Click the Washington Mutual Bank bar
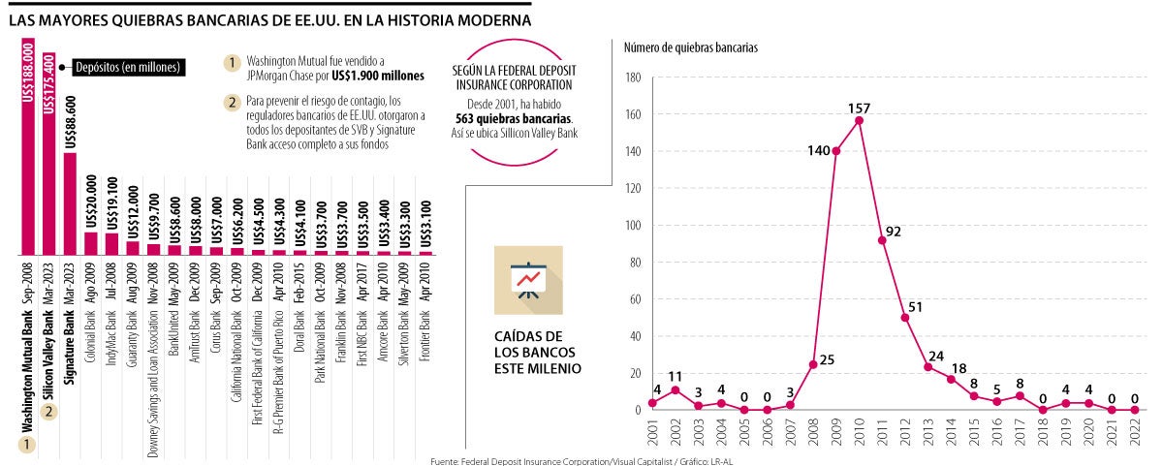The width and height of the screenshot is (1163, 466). tap(27, 145)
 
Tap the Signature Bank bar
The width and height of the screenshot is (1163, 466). tap(70, 203)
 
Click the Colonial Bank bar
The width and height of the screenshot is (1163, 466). tap(90, 243)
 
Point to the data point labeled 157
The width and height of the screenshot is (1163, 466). tap(859, 120)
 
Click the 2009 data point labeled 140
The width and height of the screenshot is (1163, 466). tap(835, 151)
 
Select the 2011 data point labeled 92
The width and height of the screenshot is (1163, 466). tap(882, 240)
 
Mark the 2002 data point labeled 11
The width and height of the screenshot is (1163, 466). tap(675, 389)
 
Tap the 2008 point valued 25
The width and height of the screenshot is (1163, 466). tap(813, 364)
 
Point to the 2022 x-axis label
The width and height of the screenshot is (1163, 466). tap(1136, 433)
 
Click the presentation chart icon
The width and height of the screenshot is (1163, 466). tap(527, 280)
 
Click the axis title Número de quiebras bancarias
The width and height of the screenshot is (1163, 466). tap(690, 47)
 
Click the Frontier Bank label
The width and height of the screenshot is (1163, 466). tap(425, 335)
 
